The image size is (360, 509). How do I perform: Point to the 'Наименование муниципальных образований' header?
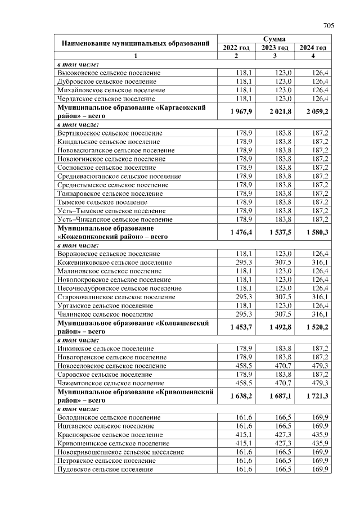[135, 43]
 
